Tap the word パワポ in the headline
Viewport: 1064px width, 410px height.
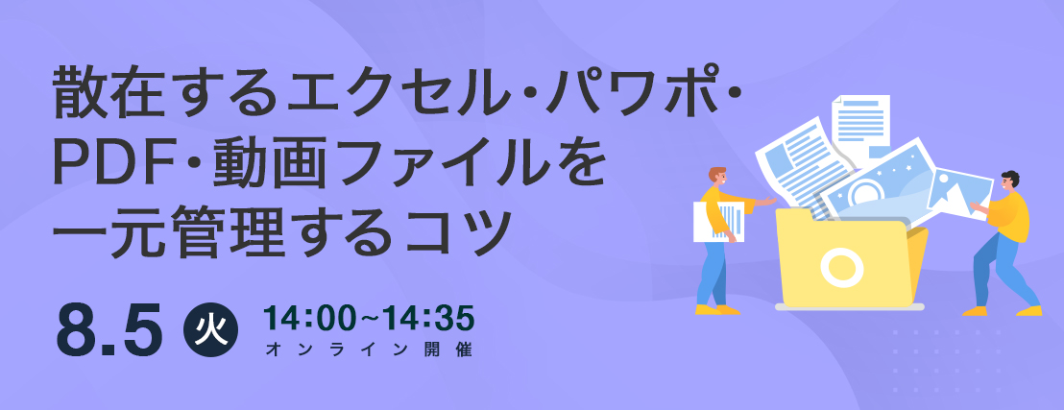(x=635, y=101)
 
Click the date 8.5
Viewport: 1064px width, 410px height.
(x=109, y=331)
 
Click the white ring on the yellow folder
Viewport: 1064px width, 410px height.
(x=841, y=268)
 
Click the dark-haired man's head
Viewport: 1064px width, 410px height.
(x=1009, y=181)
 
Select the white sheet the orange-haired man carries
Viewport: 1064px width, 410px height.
(x=718, y=221)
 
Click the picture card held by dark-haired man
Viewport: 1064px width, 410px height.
(x=959, y=193)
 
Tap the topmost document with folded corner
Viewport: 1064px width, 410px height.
(x=860, y=126)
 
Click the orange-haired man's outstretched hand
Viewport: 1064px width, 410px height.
(x=768, y=201)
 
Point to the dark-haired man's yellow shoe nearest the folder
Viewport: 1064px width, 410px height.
(x=975, y=311)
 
